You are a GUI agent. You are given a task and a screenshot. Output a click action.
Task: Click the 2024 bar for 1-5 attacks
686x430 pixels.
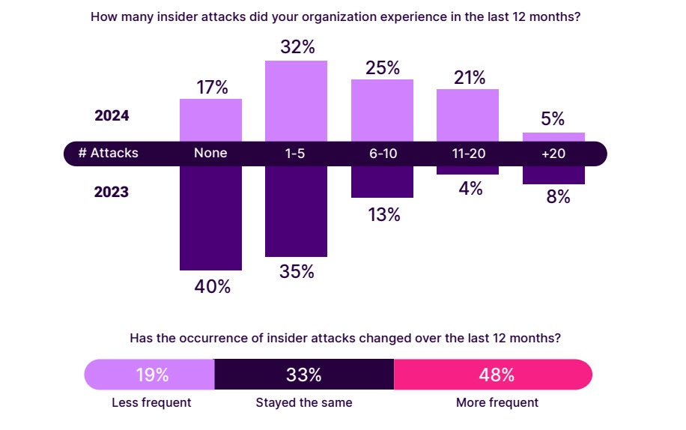297,100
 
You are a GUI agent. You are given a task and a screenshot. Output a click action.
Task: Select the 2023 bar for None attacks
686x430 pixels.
210,217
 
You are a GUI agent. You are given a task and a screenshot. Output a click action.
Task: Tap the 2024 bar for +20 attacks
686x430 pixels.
553,137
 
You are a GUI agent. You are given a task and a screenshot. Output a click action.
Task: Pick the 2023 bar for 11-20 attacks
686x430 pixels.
467,170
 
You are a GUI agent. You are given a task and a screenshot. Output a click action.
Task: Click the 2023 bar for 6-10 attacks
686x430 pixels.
382,182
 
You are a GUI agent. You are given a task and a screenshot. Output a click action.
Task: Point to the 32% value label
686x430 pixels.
297,47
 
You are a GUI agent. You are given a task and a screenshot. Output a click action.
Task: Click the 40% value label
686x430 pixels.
212,286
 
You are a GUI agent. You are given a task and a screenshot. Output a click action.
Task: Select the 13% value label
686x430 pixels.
383,215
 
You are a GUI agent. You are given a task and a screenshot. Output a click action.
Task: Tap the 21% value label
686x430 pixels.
468,77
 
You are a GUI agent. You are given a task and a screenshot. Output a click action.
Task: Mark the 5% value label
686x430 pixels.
553,119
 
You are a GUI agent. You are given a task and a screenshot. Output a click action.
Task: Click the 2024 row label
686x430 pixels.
112,116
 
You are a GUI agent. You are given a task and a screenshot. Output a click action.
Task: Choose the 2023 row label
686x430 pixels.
112,193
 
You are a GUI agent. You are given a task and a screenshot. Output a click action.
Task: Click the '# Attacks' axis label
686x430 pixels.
109,153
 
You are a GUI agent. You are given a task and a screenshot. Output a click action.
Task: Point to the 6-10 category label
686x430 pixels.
382,153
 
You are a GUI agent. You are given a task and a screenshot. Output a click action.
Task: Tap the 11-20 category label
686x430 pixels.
467,153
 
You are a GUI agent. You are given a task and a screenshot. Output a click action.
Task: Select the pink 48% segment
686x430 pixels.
492,375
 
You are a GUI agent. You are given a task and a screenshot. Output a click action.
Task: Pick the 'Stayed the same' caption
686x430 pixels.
304,402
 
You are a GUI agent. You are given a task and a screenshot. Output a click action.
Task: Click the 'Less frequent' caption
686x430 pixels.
151,402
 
